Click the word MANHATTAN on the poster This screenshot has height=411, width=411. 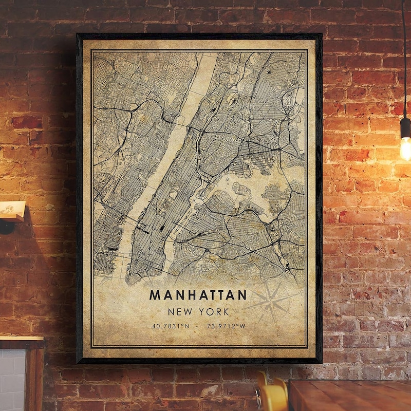point(198,295)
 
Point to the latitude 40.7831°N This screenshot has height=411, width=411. point(171,326)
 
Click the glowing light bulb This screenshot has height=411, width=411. point(406,147)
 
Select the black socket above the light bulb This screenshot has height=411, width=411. point(405,127)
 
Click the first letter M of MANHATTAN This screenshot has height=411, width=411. point(154,295)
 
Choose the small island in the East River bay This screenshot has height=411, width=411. point(241,190)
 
